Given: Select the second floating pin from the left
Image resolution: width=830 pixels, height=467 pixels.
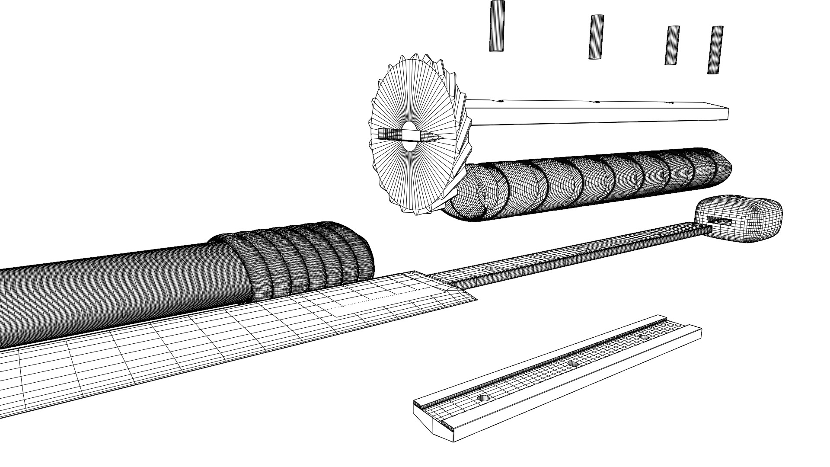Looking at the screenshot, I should click(x=596, y=37).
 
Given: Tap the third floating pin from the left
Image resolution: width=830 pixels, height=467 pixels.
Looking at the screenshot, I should click(x=672, y=45).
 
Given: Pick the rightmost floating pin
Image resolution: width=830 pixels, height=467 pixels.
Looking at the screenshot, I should click(x=715, y=50).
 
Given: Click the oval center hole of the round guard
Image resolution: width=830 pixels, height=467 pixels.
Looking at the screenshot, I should click(x=409, y=136).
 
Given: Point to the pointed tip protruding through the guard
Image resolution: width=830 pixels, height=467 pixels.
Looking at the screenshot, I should click(x=437, y=137).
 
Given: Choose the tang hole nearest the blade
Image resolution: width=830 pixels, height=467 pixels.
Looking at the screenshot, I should click(x=492, y=269).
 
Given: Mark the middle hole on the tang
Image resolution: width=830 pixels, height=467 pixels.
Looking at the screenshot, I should click(x=583, y=249).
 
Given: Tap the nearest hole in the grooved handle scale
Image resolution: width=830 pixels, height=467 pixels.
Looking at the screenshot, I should click(x=483, y=397).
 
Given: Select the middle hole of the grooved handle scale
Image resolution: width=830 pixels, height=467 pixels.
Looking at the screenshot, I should click(x=573, y=365).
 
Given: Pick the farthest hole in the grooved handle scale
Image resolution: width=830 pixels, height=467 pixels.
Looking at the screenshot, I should click(x=644, y=336).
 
